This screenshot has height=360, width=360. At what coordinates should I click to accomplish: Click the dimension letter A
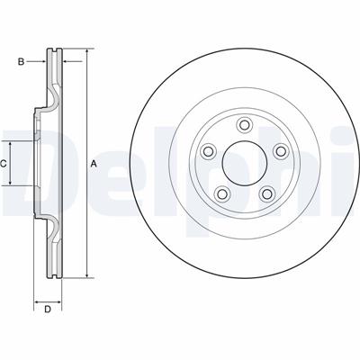(x=94, y=164)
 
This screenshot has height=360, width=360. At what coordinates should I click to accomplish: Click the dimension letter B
(x=21, y=62)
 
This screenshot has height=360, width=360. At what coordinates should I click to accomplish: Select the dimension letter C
(x=3, y=164)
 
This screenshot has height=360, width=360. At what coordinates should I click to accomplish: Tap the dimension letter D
(x=48, y=310)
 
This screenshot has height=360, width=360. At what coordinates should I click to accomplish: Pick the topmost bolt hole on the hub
(x=245, y=124)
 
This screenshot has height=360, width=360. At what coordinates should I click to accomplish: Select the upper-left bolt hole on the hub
(x=208, y=151)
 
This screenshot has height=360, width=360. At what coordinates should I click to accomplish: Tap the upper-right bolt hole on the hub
(x=281, y=151)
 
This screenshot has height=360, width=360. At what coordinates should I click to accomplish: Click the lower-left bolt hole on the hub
(x=222, y=194)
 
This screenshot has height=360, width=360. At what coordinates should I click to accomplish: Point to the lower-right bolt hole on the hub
(x=266, y=194)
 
